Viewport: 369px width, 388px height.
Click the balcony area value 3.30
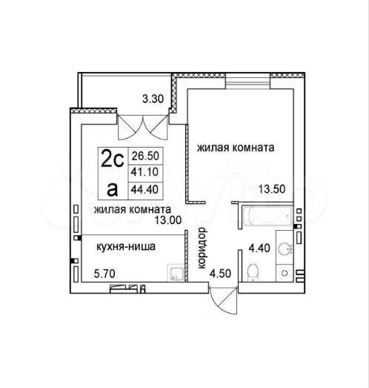click(x=153, y=99)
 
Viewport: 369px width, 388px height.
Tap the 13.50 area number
click(x=272, y=189)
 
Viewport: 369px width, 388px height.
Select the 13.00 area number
click(x=168, y=220)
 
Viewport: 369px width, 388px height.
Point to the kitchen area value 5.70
click(x=104, y=274)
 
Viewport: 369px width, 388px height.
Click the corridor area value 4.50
click(x=221, y=274)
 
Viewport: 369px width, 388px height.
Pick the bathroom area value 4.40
click(x=259, y=248)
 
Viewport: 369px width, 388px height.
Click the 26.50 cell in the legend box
click(x=145, y=156)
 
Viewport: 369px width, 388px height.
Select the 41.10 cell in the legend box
click(x=144, y=171)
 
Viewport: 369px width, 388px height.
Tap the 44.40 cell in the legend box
click(x=144, y=189)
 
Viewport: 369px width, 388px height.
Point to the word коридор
click(x=202, y=248)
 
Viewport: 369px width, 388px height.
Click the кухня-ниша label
click(x=126, y=246)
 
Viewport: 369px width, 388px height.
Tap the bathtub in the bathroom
click(x=267, y=216)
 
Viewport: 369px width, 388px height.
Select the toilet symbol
click(x=253, y=272)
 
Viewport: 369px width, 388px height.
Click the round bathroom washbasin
click(x=285, y=249)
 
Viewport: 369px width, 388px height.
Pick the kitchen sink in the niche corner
click(x=176, y=273)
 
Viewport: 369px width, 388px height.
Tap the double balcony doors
click(x=143, y=128)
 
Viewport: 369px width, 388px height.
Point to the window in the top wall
click(x=247, y=81)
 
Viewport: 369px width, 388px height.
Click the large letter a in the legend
click(x=112, y=190)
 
